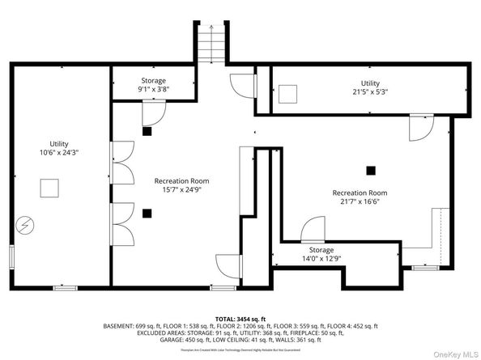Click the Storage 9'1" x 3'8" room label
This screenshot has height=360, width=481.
click(x=153, y=85)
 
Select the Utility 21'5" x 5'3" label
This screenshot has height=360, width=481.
click(x=369, y=87)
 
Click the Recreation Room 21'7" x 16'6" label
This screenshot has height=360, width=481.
click(x=360, y=197)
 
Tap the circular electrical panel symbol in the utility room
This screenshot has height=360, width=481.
click(x=25, y=223)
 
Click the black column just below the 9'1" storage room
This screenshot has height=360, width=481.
click(x=147, y=131)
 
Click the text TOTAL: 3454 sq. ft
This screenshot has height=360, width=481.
click(x=240, y=320)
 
